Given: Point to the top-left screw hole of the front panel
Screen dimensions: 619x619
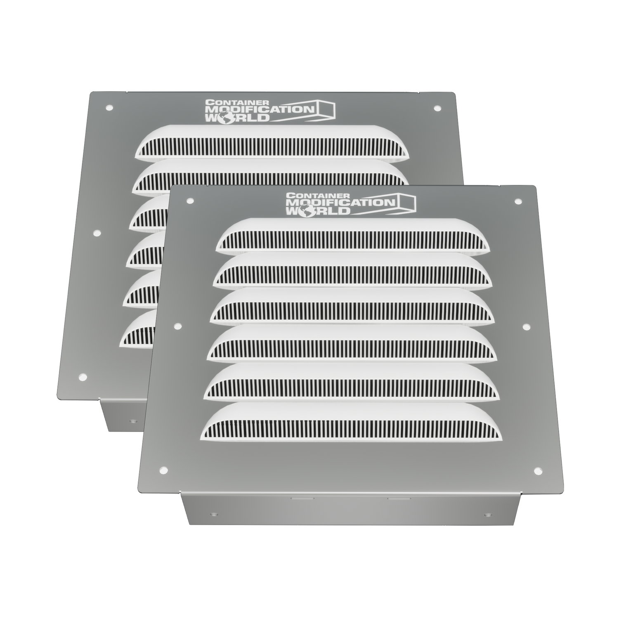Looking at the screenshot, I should pos(190,201).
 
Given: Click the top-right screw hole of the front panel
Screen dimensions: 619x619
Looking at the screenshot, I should pos(517,201).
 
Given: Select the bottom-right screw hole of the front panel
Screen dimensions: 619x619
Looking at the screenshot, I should pos(538,470).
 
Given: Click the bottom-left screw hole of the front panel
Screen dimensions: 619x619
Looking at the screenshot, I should pos(162,470).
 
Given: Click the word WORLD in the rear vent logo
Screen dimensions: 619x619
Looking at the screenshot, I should pos(239,118).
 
